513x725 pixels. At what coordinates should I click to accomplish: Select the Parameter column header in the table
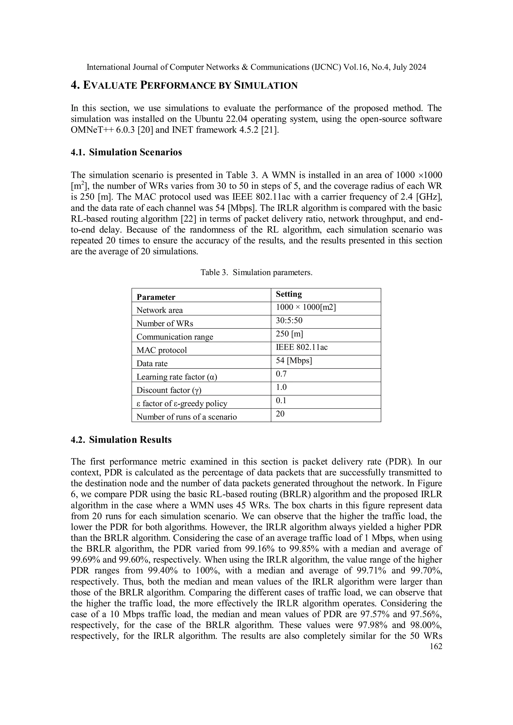coord(156,297)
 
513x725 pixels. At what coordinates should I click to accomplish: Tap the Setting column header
coord(289,294)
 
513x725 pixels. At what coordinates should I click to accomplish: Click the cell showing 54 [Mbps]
coord(294,360)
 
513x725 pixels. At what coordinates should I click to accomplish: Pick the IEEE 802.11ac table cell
coord(302,347)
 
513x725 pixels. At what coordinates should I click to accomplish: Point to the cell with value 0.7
coord(281,374)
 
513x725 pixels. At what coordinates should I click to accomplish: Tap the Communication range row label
coord(175,337)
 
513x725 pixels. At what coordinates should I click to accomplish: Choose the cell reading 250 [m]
coord(289,334)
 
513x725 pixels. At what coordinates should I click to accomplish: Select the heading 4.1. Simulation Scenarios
coord(126,152)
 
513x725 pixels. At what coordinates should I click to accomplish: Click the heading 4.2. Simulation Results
coord(121,440)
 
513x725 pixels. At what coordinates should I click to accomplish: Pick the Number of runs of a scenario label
coord(186,417)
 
